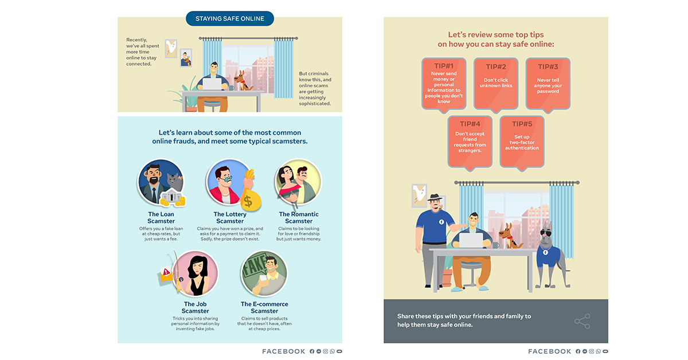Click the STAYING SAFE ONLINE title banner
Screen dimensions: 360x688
(230, 19)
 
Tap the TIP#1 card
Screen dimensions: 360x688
(444, 84)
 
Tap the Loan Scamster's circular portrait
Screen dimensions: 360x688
(161, 183)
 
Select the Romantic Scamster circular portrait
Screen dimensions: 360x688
(298, 183)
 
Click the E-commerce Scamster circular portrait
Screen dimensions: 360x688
(264, 273)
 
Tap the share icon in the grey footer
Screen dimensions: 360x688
(582, 321)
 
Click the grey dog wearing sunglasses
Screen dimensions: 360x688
(549, 252)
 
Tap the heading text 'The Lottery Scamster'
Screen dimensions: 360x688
(230, 218)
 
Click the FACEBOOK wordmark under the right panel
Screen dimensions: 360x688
(550, 351)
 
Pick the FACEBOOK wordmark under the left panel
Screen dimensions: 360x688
(284, 351)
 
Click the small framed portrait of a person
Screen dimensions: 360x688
(185, 58)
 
